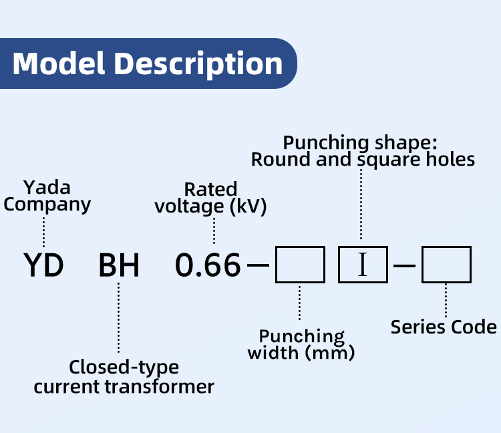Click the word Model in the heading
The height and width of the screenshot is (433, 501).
pyautogui.click(x=59, y=63)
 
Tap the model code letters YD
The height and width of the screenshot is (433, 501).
pyautogui.click(x=43, y=265)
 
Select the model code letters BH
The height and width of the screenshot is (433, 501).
pyautogui.click(x=119, y=265)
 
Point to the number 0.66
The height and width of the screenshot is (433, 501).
pyautogui.click(x=208, y=265)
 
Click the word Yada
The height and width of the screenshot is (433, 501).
pyautogui.click(x=47, y=187)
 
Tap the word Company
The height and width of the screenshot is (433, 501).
pyautogui.click(x=47, y=205)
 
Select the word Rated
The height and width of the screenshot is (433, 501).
pyautogui.click(x=211, y=189)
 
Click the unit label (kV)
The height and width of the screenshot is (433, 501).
pyautogui.click(x=248, y=206)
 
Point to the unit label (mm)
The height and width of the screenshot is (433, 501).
pyautogui.click(x=330, y=353)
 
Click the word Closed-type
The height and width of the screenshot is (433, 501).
pyautogui.click(x=124, y=368)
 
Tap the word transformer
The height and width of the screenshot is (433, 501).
pyautogui.click(x=160, y=387)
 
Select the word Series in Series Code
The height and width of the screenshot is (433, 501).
pyautogui.click(x=413, y=327)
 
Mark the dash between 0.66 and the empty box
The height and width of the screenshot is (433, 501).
pyautogui.click(x=258, y=265)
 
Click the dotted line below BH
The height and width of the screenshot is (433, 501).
pyautogui.click(x=118, y=317)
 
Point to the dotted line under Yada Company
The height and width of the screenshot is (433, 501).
pyautogui.click(x=44, y=233)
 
